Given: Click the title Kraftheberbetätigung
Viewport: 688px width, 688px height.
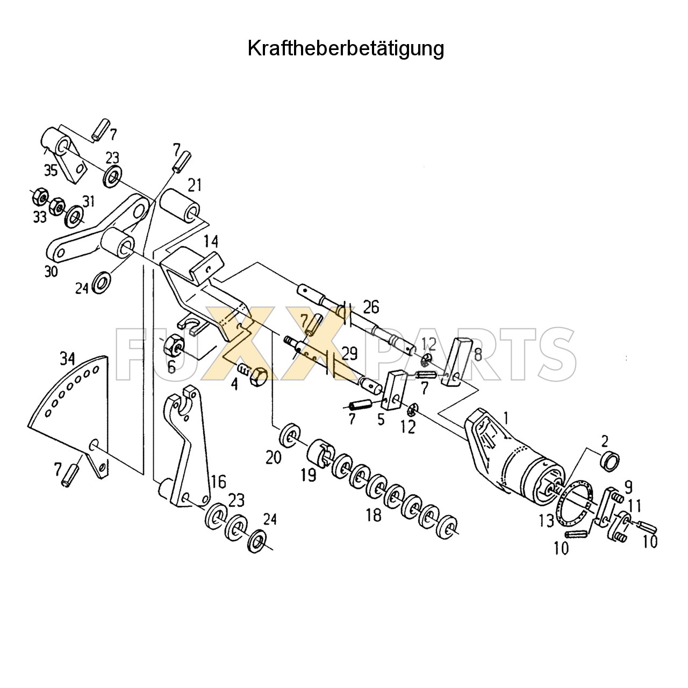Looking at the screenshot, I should point(346,48).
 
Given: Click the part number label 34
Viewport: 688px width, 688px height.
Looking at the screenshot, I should point(67,357).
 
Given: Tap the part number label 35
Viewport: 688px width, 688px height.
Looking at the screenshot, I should point(51,171).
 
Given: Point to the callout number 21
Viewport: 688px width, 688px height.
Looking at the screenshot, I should point(195,185).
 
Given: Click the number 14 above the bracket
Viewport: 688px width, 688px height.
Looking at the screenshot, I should point(212,241).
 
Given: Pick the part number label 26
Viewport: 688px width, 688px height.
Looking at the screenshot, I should point(370,307).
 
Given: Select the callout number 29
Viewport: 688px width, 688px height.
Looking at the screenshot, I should point(349,354).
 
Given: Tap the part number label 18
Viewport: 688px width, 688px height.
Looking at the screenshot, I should point(374,514).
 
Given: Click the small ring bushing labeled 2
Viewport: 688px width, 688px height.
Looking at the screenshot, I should point(610,461).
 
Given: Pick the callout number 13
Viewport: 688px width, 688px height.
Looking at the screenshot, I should point(546,520).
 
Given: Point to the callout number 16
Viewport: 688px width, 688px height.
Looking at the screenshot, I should point(218,481).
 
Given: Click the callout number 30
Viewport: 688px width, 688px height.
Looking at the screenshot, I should point(51,272).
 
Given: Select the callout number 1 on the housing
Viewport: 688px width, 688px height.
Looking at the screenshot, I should point(506,415).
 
